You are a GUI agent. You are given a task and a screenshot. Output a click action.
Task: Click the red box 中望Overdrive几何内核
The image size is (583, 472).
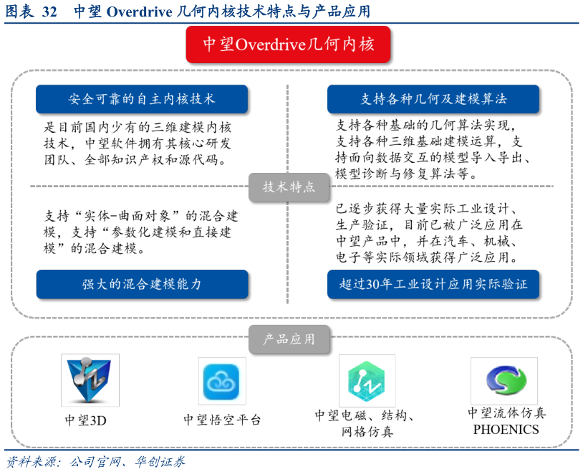tap(289, 44)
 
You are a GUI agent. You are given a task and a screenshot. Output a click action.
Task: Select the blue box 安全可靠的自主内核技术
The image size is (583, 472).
tap(142, 99)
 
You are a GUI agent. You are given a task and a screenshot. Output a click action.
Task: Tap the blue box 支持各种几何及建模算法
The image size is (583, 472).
tap(433, 99)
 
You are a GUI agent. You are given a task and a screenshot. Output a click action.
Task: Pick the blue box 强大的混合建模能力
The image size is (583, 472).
tap(142, 284)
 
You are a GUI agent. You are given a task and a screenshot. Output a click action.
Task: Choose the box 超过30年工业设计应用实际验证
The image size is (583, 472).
tap(433, 284)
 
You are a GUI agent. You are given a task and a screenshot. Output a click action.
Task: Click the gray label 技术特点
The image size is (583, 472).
tap(289, 187)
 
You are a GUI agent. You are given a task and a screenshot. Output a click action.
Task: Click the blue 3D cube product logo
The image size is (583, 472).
tap(90, 380)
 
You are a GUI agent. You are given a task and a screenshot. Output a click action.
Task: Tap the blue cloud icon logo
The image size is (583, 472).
tap(222, 381)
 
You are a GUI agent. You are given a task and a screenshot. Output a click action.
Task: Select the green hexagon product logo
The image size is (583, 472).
tap(367, 381)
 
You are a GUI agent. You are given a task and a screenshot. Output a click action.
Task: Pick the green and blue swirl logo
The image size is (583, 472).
tap(504, 381)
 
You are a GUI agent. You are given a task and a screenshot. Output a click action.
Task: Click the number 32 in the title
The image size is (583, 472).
tap(49, 12)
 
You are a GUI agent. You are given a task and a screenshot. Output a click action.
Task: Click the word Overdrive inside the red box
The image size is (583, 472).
tap(270, 45)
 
